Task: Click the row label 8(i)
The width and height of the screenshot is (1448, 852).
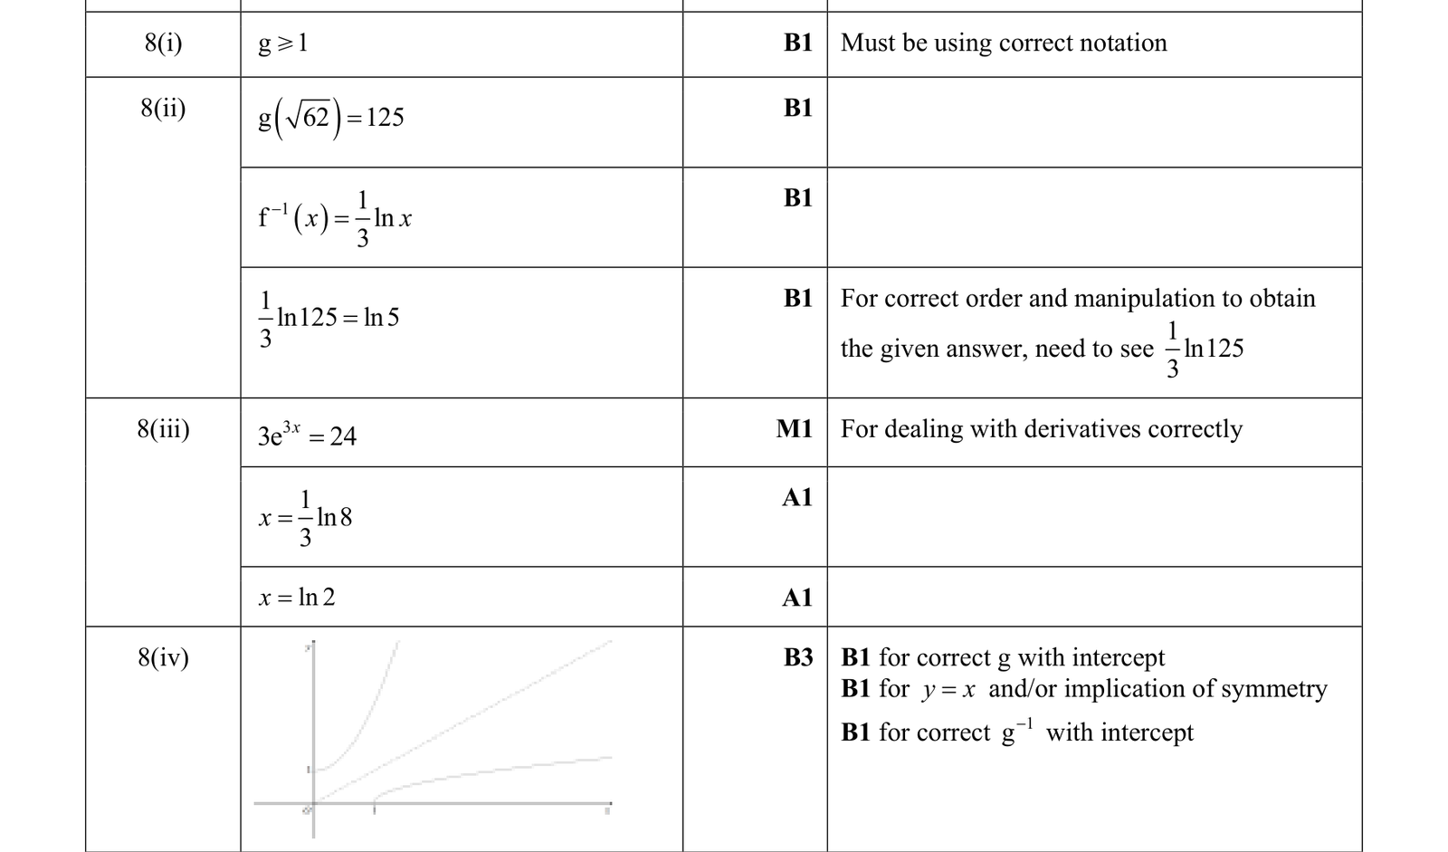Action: click(163, 43)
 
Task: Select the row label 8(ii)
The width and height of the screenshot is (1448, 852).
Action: click(163, 108)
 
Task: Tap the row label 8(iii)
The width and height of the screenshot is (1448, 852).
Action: click(163, 429)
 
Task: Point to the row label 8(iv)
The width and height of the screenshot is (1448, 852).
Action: click(163, 658)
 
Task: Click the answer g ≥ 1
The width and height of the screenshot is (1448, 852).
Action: click(283, 43)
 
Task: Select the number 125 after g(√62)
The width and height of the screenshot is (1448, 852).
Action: click(385, 117)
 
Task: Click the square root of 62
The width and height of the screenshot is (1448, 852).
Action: click(309, 117)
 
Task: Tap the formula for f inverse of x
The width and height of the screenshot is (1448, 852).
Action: click(335, 219)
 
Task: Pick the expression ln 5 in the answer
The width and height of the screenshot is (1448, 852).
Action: click(381, 317)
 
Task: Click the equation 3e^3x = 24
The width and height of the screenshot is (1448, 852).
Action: click(307, 435)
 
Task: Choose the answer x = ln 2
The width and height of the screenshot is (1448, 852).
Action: click(297, 597)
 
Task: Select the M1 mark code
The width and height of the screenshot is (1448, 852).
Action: click(795, 428)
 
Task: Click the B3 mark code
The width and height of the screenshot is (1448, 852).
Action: click(798, 657)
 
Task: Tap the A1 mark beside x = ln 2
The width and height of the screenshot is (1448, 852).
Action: click(797, 597)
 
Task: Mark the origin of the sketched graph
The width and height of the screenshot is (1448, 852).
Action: click(313, 803)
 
